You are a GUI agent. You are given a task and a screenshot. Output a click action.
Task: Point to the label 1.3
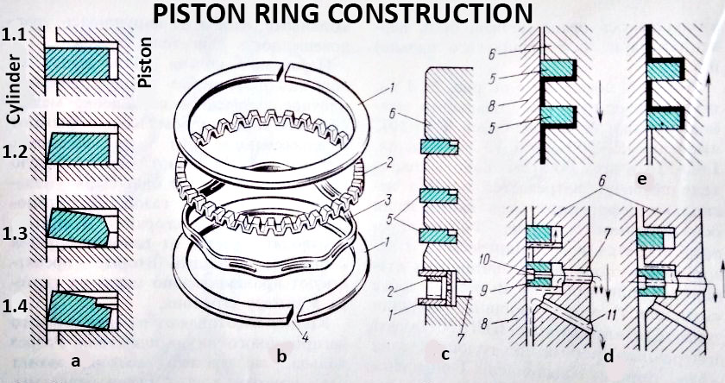pos(13,234)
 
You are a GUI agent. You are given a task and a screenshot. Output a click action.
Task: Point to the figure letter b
pos(281,355)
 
